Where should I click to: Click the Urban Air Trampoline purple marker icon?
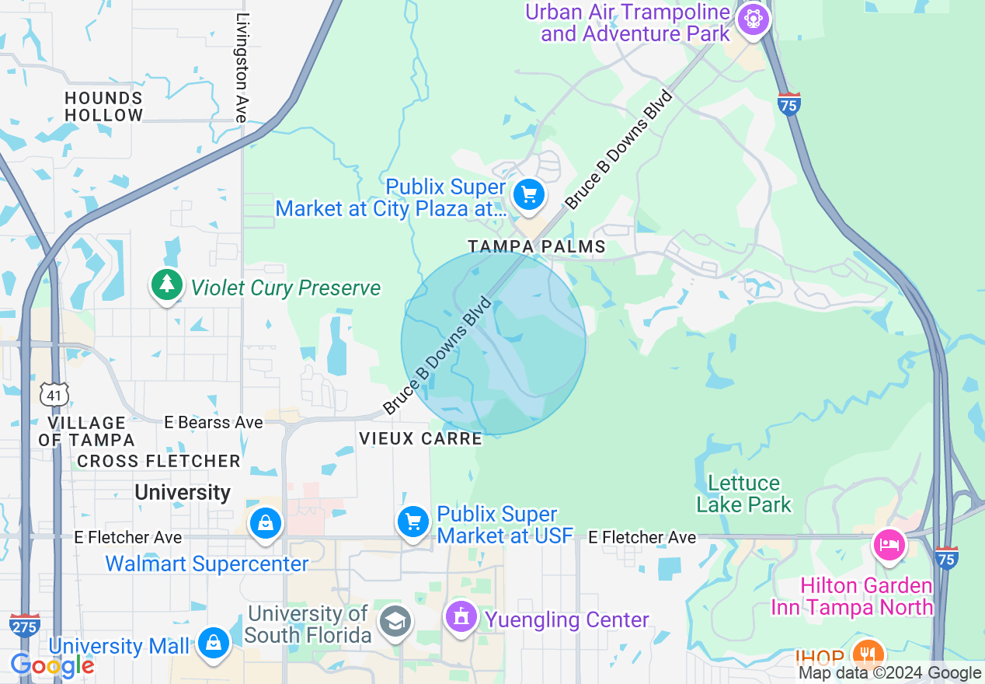[753, 19]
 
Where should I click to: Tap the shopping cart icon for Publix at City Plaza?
[529, 194]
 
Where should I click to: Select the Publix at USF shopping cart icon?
[412, 522]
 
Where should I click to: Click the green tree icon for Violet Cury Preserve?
[166, 284]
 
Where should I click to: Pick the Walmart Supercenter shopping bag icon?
[266, 523]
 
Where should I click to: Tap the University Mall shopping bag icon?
[213, 643]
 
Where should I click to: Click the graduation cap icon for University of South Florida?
[395, 622]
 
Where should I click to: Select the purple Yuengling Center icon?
[461, 618]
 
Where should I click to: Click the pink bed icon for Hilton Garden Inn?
[889, 544]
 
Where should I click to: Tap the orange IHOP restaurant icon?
[868, 654]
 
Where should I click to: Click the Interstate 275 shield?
[25, 624]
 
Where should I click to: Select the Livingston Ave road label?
[242, 68]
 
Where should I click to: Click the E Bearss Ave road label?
[214, 423]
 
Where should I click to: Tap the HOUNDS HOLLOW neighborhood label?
[104, 106]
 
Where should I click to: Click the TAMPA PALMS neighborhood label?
[536, 246]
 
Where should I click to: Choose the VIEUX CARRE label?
[420, 439]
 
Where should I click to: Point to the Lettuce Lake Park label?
[743, 494]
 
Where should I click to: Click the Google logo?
[52, 665]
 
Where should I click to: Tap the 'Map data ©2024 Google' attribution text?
[889, 673]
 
